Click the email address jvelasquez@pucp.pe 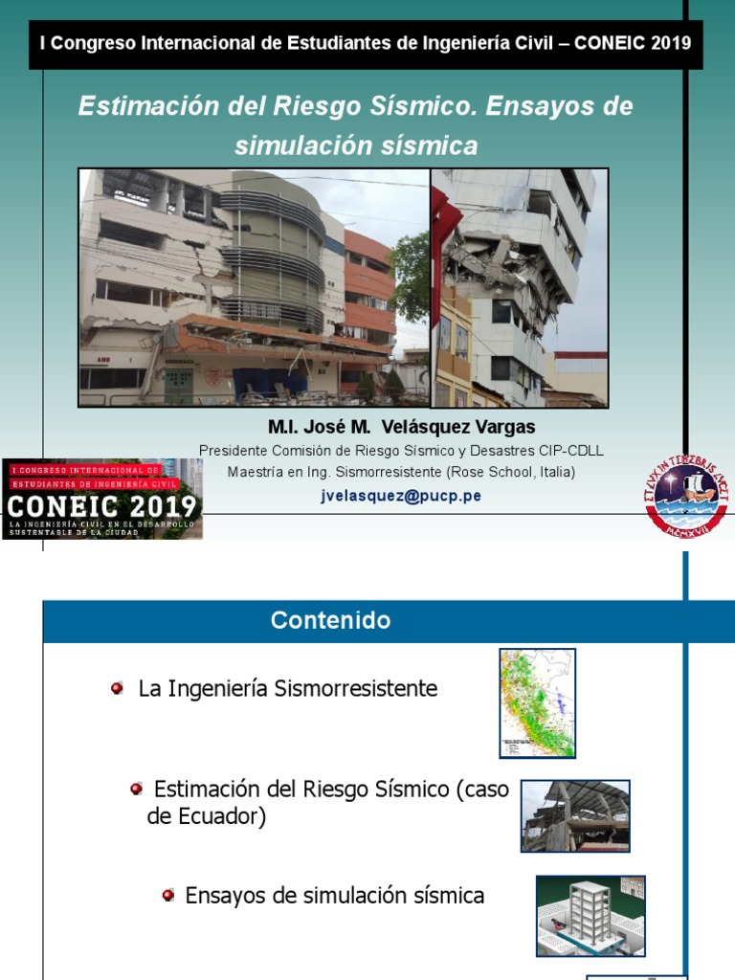(x=401, y=496)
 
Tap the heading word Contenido (x=330, y=620)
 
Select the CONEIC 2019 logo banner (x=102, y=499)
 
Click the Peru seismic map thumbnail (x=537, y=703)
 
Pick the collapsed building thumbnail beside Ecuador (x=575, y=815)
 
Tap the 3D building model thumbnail (x=590, y=916)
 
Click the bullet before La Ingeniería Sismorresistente (x=117, y=688)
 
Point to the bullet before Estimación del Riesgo (x=137, y=789)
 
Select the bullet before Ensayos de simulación (x=168, y=895)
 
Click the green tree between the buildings (x=412, y=278)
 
